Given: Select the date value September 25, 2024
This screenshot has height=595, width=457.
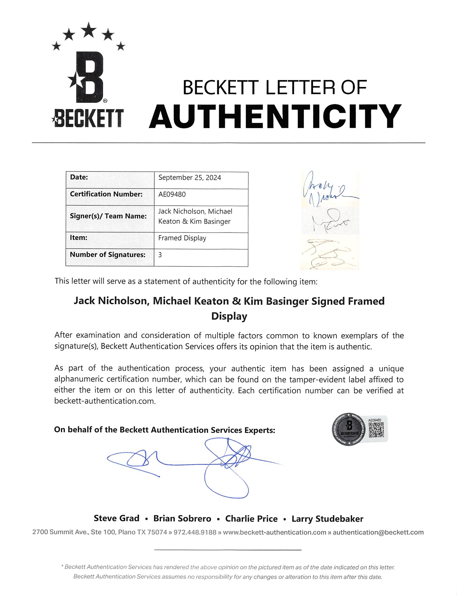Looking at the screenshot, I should (189, 178).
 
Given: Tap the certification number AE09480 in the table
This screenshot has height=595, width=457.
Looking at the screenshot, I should (172, 195).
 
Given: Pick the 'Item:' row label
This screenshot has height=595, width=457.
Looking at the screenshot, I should (79, 237).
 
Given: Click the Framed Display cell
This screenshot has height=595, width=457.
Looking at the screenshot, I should (182, 238).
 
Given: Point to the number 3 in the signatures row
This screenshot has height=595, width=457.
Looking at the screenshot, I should (160, 255).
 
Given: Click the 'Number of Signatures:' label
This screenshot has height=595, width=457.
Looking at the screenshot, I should (107, 255).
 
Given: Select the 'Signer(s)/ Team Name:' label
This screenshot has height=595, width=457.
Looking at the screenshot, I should (108, 216).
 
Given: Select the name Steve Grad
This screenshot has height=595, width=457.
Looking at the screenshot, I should (117, 518).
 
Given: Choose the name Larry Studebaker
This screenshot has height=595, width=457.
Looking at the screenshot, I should (327, 519).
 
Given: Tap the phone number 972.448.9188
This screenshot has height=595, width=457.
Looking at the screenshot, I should (195, 533).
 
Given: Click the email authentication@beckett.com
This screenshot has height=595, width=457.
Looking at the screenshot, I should (378, 533).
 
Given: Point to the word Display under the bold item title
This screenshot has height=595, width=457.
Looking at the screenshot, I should (229, 316).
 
